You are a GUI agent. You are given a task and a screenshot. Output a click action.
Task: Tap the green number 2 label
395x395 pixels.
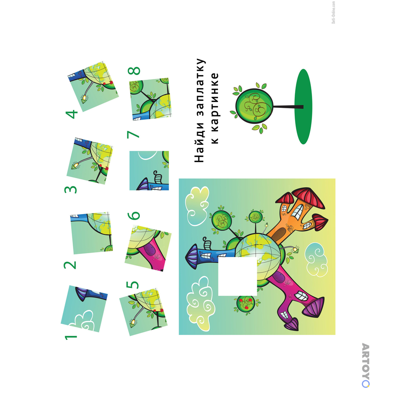tap(70, 265)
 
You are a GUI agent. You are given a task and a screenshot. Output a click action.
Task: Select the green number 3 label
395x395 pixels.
tap(70, 190)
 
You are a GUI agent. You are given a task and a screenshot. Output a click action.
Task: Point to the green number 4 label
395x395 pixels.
tap(71, 114)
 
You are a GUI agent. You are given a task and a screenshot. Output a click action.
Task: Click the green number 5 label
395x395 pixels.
tap(132, 285)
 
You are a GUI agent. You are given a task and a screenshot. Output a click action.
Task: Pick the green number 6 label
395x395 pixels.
tap(134, 215)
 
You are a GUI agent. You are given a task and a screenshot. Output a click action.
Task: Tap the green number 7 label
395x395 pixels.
tap(133, 135)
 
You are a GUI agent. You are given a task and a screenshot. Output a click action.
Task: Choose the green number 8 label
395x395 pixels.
tap(134, 71)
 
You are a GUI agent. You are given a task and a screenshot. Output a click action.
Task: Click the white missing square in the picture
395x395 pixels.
tap(237, 276)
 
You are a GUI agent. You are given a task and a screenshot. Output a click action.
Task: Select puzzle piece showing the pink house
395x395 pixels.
tap(148, 248)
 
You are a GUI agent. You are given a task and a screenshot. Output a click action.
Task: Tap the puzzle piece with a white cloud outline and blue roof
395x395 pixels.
tap(84, 308)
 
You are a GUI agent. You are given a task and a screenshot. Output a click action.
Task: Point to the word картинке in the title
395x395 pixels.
tap(214, 108)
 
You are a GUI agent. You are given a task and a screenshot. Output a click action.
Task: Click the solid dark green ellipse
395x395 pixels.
tap(303, 107)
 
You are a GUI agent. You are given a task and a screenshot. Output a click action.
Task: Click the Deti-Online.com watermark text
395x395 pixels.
tap(333, 12)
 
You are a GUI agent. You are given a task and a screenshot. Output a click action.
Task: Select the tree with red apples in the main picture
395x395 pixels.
tap(246, 303)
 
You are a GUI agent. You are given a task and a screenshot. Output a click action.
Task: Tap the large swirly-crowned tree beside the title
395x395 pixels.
tap(254, 106)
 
